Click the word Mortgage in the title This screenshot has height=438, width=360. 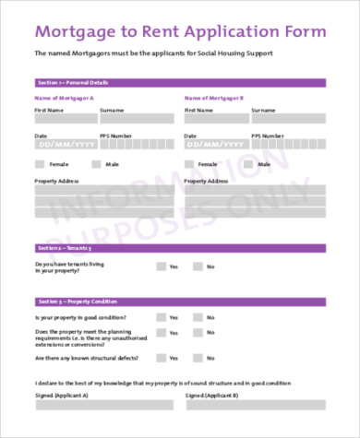click(x=71, y=31)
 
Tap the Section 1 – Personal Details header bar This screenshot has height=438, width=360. click(x=180, y=83)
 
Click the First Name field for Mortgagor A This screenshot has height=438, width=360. click(x=64, y=118)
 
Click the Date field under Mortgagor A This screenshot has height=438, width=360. click(x=64, y=144)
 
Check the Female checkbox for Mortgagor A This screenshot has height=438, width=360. click(x=39, y=164)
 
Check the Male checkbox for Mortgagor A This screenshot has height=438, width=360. click(x=96, y=164)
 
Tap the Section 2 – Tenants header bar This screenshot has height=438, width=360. click(x=180, y=248)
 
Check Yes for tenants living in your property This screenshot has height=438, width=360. click(x=161, y=266)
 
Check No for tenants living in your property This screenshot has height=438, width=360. click(x=198, y=266)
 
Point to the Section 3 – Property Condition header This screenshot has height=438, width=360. click(x=180, y=302)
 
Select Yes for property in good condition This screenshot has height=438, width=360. click(x=161, y=317)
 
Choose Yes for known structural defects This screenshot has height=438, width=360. click(x=161, y=357)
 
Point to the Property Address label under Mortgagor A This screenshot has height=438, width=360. click(x=58, y=182)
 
